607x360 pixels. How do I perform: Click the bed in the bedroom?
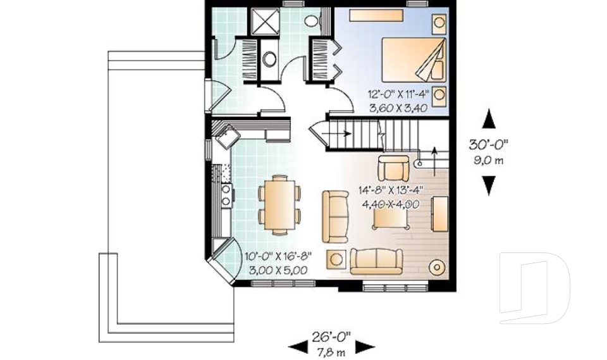tap(412, 59)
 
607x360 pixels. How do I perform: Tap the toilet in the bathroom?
tap(311, 21)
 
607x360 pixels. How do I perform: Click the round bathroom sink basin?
tap(269, 59)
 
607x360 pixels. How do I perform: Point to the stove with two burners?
tap(226, 193)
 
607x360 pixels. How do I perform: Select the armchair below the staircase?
tap(393, 168)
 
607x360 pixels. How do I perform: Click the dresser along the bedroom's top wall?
tap(377, 14)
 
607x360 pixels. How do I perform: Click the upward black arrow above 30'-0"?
tap(489, 120)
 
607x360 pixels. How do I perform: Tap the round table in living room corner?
tap(437, 266)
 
